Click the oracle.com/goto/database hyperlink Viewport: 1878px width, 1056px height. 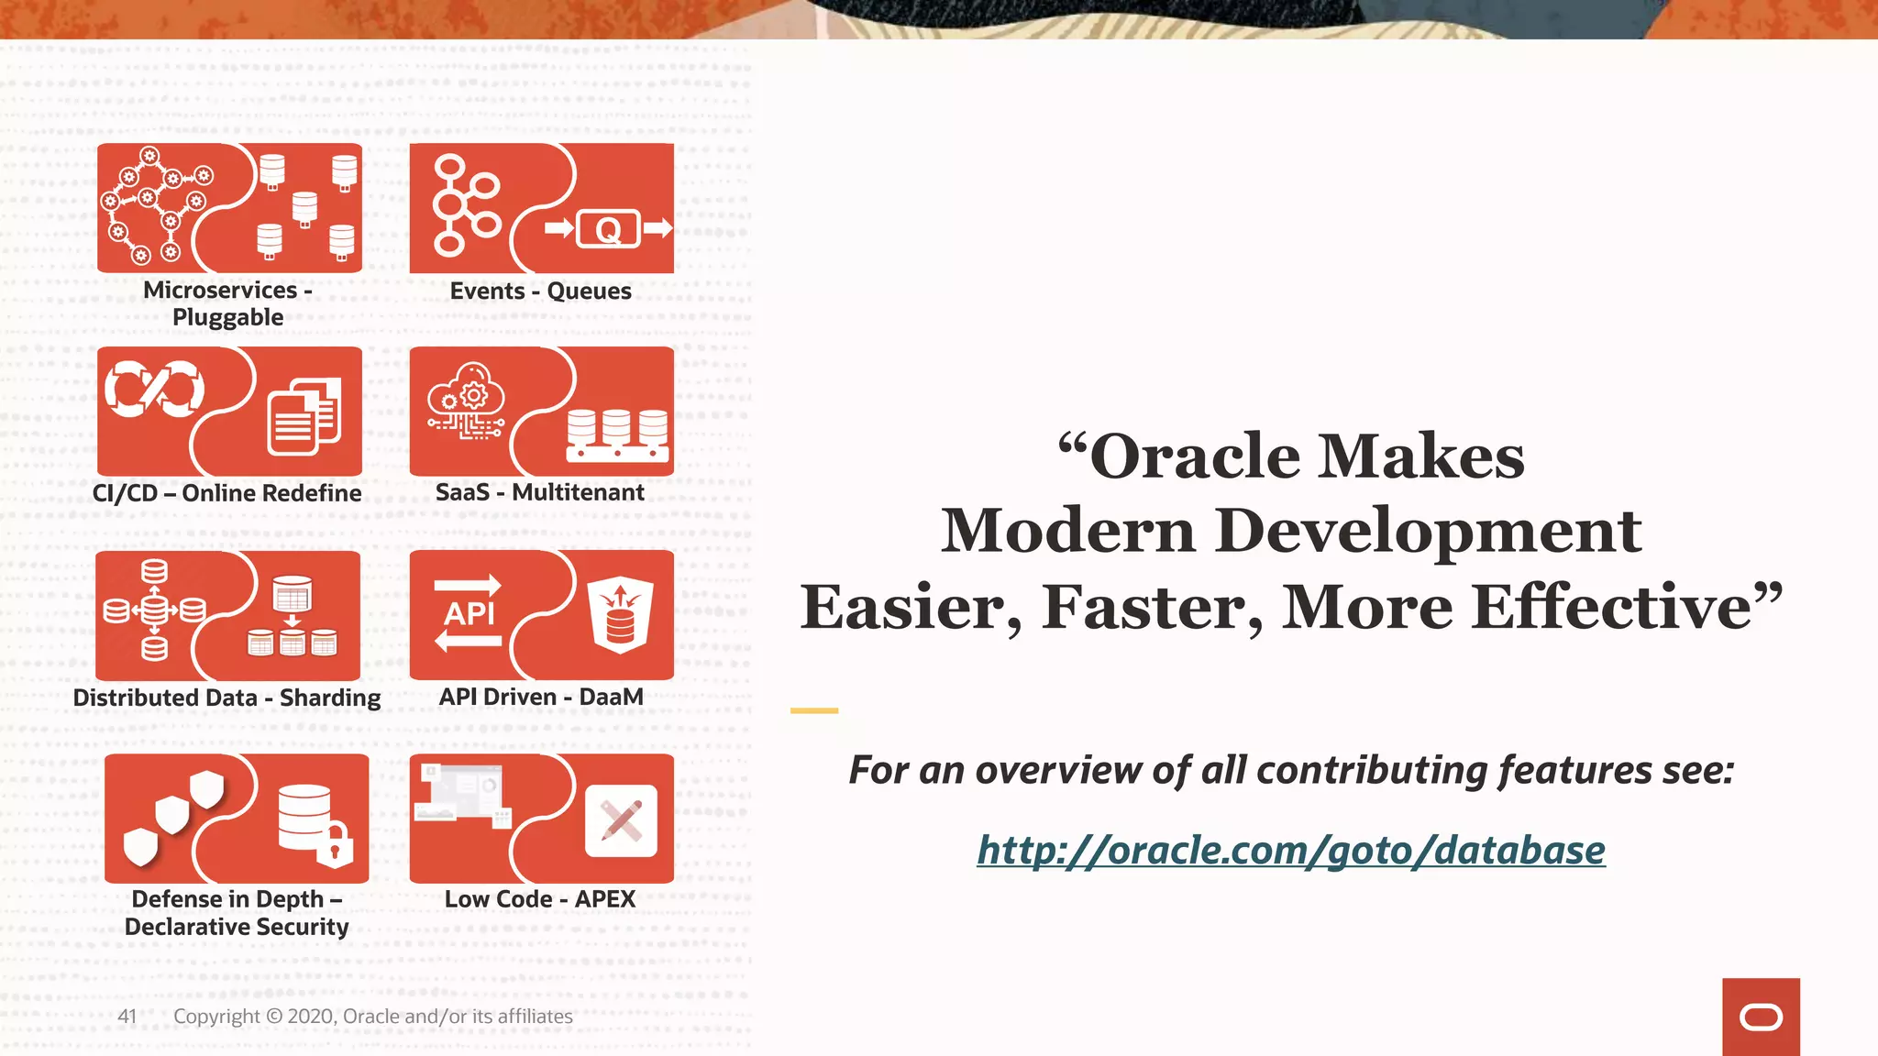tap(1290, 850)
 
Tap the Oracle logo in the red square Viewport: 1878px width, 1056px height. tap(1761, 1017)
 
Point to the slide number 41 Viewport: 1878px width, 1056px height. tap(127, 1016)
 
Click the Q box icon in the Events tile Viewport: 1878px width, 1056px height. tap(608, 229)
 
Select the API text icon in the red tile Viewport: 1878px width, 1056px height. tap(469, 613)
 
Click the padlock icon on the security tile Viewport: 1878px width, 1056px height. tap(335, 845)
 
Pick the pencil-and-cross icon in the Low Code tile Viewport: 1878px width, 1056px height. tap(621, 820)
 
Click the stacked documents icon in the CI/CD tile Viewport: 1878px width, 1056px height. tap(304, 417)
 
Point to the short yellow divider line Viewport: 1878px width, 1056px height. tap(814, 710)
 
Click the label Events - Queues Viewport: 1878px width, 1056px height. tap(540, 291)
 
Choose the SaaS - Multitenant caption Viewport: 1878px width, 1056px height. tap(539, 492)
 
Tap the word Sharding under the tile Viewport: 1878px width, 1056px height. tap(330, 698)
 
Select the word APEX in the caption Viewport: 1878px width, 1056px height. tap(605, 898)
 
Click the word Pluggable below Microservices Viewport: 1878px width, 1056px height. tap(227, 317)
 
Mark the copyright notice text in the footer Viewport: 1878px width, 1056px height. tap(372, 1016)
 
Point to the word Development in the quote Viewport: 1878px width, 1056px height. tap(1428, 531)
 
